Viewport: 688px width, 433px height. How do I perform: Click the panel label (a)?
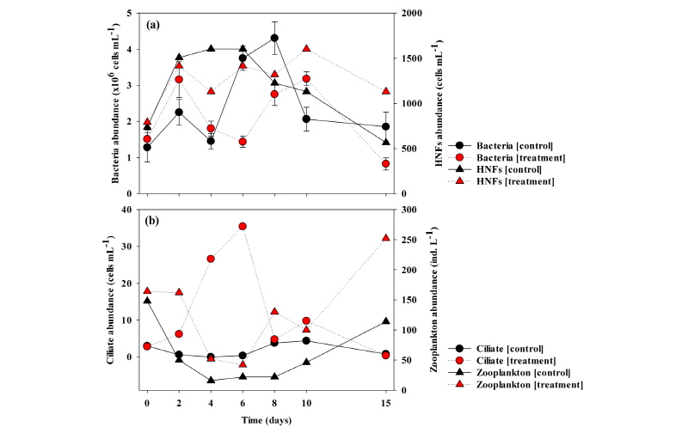(x=155, y=25)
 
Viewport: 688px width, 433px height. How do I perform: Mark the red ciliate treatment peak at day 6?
(x=243, y=226)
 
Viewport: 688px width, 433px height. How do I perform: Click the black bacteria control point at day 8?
(x=274, y=38)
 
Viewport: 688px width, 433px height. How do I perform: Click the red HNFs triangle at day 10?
(x=306, y=49)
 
